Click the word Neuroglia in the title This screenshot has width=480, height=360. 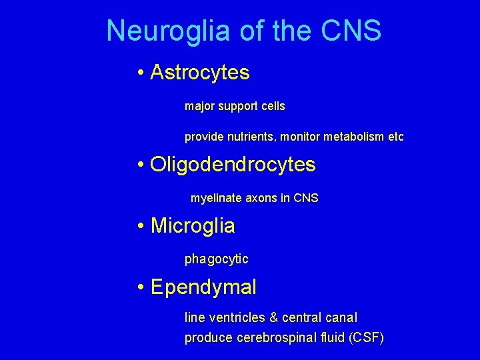[x=159, y=31]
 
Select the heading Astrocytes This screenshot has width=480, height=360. [x=200, y=72]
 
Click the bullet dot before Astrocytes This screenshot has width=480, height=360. [x=141, y=73]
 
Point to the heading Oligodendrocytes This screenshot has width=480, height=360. [x=233, y=164]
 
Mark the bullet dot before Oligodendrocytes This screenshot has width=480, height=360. [x=141, y=165]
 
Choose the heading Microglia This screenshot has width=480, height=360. [x=193, y=226]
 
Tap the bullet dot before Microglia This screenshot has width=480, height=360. [x=141, y=227]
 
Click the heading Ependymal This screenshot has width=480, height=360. [x=203, y=287]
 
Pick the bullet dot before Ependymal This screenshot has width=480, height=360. [x=141, y=288]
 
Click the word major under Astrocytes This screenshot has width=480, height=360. [x=199, y=107]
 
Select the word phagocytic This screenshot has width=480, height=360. [x=217, y=259]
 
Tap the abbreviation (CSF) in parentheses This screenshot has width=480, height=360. [x=366, y=338]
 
